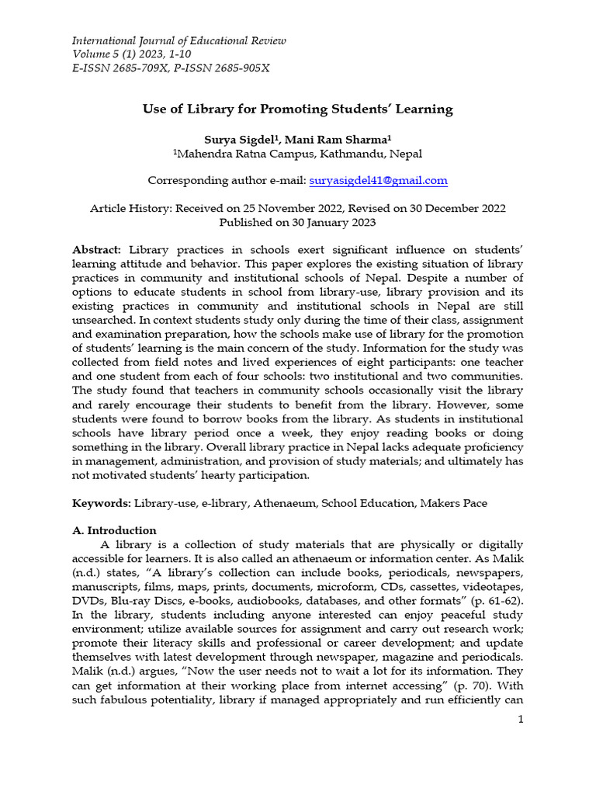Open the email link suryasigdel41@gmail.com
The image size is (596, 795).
pyautogui.click(x=378, y=180)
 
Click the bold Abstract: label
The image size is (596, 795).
pyautogui.click(x=97, y=250)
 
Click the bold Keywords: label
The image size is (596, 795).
pyautogui.click(x=101, y=503)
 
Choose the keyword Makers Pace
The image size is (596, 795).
pyautogui.click(x=454, y=503)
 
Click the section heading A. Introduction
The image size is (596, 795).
pyautogui.click(x=114, y=531)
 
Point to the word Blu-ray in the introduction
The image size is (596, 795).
pyautogui.click(x=129, y=601)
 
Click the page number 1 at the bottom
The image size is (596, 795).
pyautogui.click(x=521, y=720)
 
